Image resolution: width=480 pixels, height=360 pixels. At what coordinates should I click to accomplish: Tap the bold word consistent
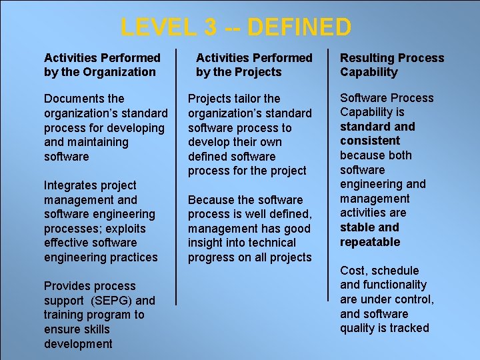point(369,141)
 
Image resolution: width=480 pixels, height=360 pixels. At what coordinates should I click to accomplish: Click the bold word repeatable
point(370,242)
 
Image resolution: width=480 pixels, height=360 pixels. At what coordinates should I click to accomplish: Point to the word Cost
point(353,271)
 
